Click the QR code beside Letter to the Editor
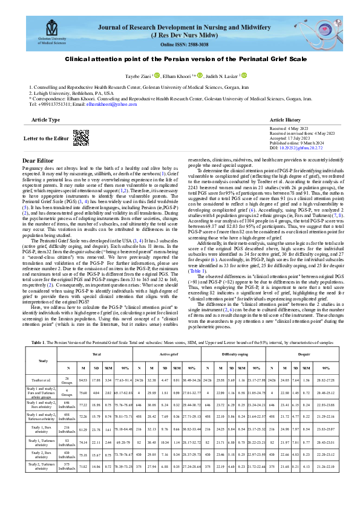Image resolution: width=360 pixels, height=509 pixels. point(80,137)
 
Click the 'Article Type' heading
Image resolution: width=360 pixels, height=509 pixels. point(45,120)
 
